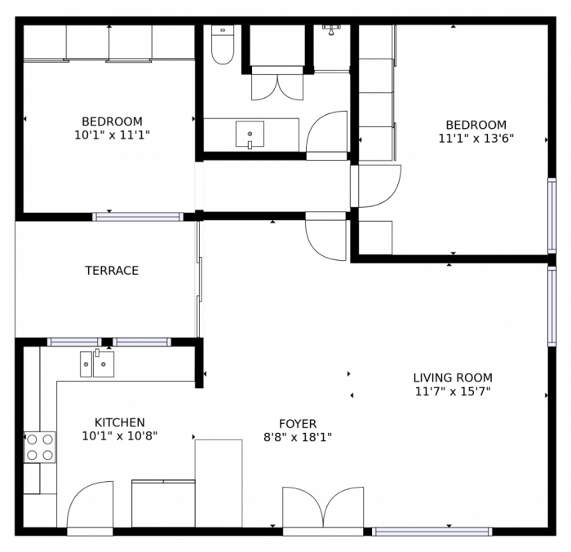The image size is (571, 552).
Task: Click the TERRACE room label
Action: tap(112, 271)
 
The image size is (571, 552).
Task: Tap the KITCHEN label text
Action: tap(119, 422)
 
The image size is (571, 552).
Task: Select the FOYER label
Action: tap(297, 424)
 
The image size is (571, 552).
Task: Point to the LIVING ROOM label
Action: tap(452, 378)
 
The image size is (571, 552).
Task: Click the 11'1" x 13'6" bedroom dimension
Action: tap(476, 139)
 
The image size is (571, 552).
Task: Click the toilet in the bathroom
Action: tap(222, 46)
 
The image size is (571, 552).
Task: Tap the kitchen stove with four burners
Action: tap(39, 447)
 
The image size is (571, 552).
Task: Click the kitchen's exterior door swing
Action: tap(90, 506)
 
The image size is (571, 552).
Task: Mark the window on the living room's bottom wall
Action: tap(432, 532)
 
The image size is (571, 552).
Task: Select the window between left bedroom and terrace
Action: tap(137, 217)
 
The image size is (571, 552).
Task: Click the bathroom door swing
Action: tap(328, 133)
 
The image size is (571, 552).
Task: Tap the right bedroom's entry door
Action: tap(377, 186)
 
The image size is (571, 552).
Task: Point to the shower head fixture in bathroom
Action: tap(331, 30)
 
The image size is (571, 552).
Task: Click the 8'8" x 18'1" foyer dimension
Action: tap(297, 437)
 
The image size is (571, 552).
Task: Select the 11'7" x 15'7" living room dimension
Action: tap(452, 391)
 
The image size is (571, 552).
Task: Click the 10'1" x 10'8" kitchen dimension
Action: tap(119, 436)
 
